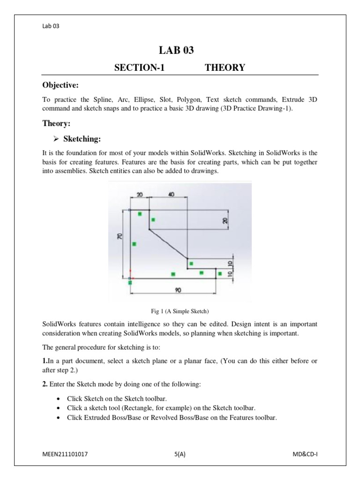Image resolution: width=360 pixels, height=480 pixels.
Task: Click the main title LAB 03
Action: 180,51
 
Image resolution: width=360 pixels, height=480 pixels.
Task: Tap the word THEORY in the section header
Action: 225,68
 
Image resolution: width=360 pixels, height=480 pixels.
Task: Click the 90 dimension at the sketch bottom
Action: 178,290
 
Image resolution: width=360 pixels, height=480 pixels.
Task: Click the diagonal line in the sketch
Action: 168,244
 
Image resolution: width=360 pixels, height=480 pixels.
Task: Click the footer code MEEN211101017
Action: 65,454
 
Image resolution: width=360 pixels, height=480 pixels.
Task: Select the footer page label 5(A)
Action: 180,454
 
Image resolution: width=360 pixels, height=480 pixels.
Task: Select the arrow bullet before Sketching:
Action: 56,139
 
